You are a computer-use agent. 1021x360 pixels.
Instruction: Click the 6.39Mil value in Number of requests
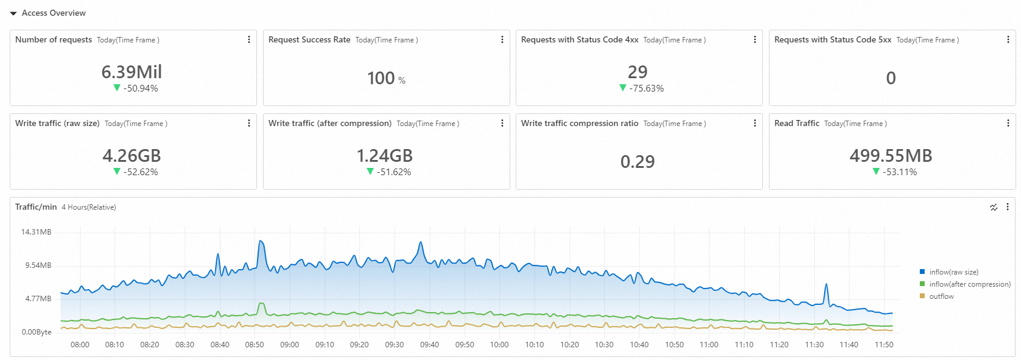coord(131,72)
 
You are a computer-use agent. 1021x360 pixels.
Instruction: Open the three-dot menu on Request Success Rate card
coord(502,39)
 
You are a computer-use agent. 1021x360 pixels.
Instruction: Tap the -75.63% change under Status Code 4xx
coord(646,88)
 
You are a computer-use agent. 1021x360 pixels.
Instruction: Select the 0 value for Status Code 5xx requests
coord(891,78)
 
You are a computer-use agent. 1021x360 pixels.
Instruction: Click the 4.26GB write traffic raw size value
coord(131,156)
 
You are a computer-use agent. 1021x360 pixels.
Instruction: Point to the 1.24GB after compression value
coord(384,156)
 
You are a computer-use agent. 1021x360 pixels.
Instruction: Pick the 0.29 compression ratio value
coord(637,162)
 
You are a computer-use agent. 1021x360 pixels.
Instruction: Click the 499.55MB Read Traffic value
coord(891,156)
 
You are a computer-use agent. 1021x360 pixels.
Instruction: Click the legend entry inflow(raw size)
coord(953,272)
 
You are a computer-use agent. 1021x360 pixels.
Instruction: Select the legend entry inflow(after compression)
coord(969,284)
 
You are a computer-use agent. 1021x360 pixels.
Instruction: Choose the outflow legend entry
coord(941,296)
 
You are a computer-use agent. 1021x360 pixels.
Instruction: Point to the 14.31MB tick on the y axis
coord(36,232)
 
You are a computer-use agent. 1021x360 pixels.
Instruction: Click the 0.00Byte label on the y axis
coord(36,332)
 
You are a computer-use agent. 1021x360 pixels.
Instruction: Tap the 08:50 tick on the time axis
coord(254,345)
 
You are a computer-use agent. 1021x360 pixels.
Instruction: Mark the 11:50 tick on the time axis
coord(884,345)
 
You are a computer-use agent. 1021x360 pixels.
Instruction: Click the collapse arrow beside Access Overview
coord(13,13)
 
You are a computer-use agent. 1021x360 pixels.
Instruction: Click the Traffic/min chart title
coord(36,207)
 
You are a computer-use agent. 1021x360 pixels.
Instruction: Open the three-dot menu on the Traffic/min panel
coord(1008,207)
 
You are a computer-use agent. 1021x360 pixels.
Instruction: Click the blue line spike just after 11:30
coord(826,285)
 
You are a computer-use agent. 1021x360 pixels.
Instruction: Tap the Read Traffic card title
coord(796,124)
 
